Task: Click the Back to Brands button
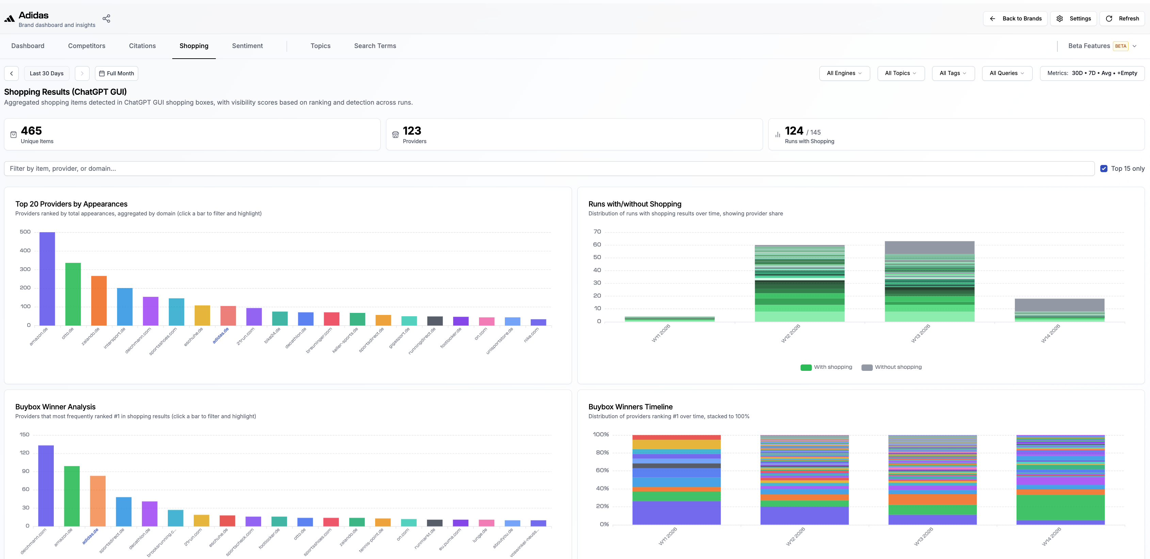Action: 1015,18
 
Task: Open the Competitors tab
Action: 86,46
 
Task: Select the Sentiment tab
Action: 247,46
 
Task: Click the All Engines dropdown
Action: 844,73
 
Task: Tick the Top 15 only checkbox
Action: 1104,168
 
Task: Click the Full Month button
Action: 116,73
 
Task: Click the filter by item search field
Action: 549,168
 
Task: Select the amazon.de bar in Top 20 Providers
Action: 47,278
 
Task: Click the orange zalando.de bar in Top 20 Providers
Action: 99,301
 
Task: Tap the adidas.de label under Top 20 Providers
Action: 221,335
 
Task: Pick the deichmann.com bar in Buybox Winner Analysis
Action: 46,486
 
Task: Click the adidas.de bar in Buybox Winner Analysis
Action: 98,501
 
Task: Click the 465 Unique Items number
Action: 31,131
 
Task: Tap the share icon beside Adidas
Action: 106,18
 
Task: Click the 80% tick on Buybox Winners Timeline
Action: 602,452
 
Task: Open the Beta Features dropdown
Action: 1102,46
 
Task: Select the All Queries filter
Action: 1007,73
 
